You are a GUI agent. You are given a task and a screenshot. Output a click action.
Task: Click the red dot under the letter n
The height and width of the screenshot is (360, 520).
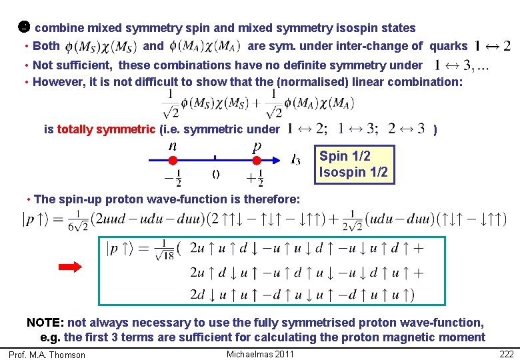click(x=172, y=161)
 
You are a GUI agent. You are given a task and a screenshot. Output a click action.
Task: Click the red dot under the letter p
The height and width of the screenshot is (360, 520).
click(x=257, y=161)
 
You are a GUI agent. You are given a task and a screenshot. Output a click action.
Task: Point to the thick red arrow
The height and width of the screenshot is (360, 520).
click(x=70, y=267)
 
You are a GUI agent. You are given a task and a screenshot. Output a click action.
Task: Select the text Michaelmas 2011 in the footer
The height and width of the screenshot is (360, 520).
click(x=260, y=354)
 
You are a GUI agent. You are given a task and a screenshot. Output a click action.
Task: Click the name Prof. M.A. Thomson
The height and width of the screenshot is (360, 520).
click(x=47, y=355)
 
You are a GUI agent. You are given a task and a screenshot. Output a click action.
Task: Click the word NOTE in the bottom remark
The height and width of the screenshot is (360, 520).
click(x=45, y=323)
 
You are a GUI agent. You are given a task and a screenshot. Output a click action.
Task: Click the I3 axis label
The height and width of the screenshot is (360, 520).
click(x=295, y=160)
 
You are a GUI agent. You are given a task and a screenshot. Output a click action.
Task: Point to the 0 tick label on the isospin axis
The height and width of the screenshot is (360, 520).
click(x=215, y=175)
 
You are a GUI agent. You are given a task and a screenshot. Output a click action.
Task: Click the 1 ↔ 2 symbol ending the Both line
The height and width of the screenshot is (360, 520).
click(x=493, y=46)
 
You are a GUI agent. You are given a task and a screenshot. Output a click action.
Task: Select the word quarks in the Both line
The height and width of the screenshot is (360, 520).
click(x=448, y=46)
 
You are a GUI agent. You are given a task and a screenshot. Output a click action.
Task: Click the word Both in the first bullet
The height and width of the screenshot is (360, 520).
click(x=46, y=46)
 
